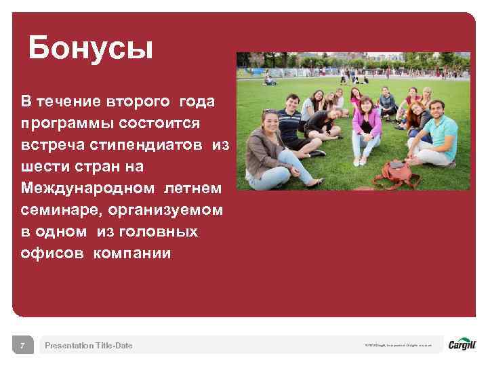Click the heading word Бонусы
click(91, 48)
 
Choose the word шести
click(44, 167)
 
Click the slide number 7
click(22, 346)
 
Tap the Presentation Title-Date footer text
click(89, 346)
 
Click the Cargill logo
click(462, 345)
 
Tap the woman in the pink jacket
click(365, 125)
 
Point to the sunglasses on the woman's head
click(269, 112)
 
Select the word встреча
click(51, 145)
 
